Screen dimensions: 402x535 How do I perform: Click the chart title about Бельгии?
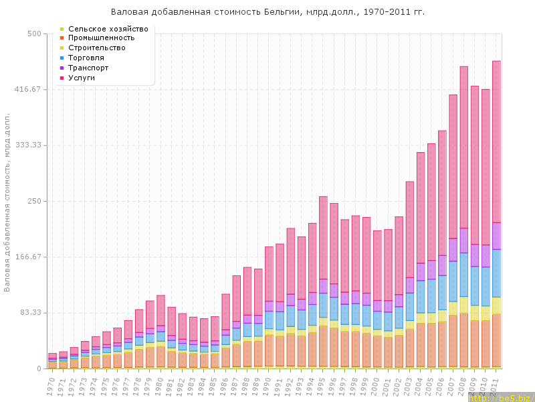267,13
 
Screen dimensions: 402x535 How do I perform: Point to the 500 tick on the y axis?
33,33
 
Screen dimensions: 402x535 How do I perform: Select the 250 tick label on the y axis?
33,201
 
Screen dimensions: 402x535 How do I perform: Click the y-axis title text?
7,201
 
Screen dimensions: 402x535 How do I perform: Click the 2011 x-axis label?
496,385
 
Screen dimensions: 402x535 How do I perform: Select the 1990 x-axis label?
268,385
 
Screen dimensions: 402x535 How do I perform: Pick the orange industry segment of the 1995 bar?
323,345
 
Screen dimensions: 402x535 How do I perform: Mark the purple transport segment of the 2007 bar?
453,249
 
